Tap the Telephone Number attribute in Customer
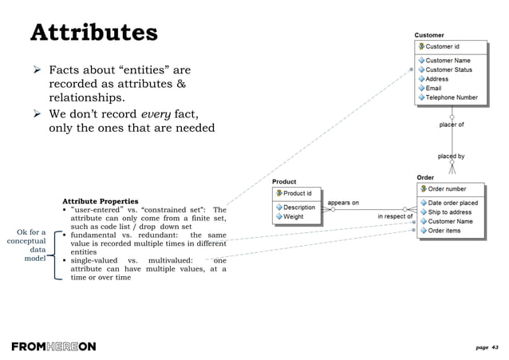click(452, 98)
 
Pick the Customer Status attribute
click(448, 69)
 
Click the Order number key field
click(447, 189)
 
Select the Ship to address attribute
click(449, 212)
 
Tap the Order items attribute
click(444, 231)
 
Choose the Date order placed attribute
click(452, 203)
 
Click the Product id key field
click(298, 193)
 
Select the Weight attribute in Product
click(293, 216)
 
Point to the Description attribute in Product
click(298, 208)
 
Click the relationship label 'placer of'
click(452, 125)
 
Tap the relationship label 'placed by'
click(452, 156)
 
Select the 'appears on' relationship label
click(343, 203)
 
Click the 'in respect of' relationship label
click(395, 216)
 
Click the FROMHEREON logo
click(53, 346)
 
